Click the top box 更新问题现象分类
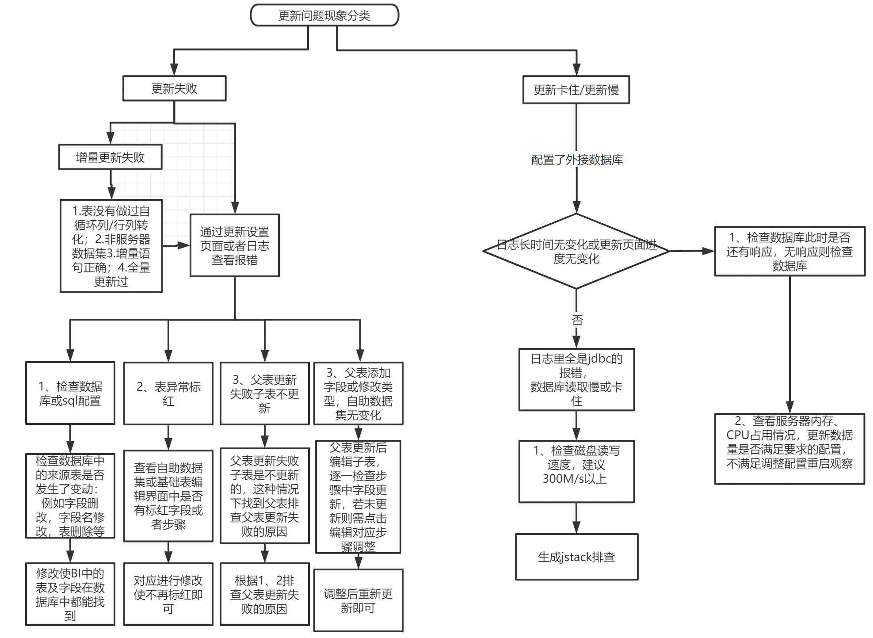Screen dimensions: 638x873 pyautogui.click(x=324, y=15)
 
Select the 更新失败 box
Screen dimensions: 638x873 pyautogui.click(x=174, y=88)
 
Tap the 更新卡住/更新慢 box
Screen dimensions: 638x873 pyautogui.click(x=576, y=90)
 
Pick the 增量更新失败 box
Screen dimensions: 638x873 pyautogui.click(x=110, y=157)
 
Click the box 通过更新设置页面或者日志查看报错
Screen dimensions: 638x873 pyautogui.click(x=234, y=245)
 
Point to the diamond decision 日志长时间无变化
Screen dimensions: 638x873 pyautogui.click(x=576, y=251)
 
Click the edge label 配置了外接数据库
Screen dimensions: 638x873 pyautogui.click(x=577, y=160)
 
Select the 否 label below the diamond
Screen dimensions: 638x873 pyautogui.click(x=577, y=320)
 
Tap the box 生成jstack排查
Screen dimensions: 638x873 pyautogui.click(x=576, y=557)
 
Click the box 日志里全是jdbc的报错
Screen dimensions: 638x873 pyautogui.click(x=576, y=379)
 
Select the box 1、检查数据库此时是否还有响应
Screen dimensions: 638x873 pyautogui.click(x=789, y=251)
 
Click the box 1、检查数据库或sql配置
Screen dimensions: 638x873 pyautogui.click(x=70, y=393)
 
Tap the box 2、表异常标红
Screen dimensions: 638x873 pyautogui.click(x=168, y=393)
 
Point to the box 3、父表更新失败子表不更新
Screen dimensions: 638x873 pyautogui.click(x=264, y=393)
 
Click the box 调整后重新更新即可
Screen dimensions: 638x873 pyautogui.click(x=358, y=600)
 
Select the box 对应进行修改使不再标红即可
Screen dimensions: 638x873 pyautogui.click(x=168, y=594)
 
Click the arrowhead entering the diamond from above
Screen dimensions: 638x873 pyautogui.click(x=576, y=207)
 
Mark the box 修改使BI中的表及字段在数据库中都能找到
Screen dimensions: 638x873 pyautogui.click(x=70, y=594)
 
